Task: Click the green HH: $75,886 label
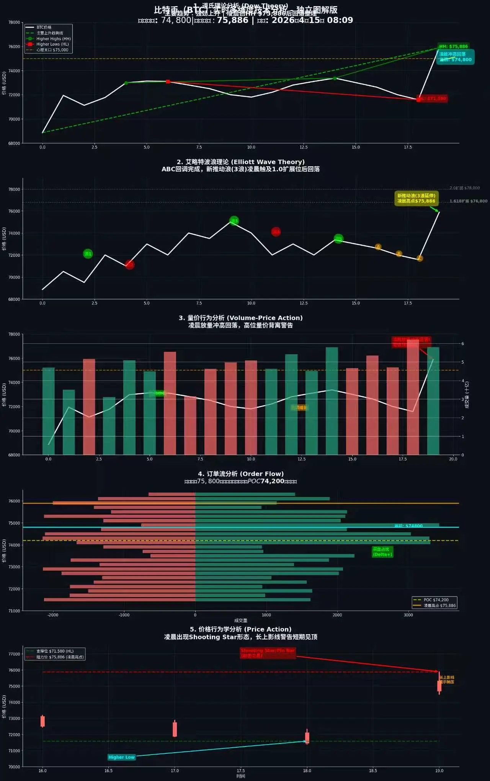click(x=453, y=46)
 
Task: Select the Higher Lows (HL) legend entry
click(x=52, y=44)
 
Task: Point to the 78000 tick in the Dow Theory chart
click(x=14, y=22)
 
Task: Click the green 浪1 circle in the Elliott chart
click(x=88, y=254)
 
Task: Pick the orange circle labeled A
click(x=378, y=247)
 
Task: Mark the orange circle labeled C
click(x=420, y=258)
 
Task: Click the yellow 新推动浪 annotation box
click(x=416, y=199)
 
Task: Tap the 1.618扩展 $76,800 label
click(x=468, y=201)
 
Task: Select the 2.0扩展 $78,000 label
click(x=464, y=188)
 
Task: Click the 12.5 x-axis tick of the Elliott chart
click(x=303, y=303)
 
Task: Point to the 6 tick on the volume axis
click(x=462, y=344)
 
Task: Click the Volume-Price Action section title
click(x=240, y=318)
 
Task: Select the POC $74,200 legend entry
click(x=436, y=600)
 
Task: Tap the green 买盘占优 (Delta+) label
click(x=382, y=552)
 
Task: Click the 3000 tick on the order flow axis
click(x=408, y=615)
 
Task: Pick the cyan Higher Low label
click(x=121, y=757)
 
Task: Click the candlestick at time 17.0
click(x=175, y=729)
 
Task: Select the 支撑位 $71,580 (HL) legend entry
click(x=55, y=651)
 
